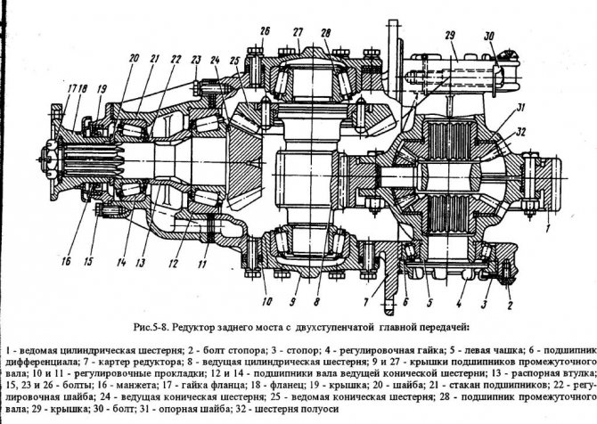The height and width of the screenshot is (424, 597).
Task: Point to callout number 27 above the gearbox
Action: point(297,31)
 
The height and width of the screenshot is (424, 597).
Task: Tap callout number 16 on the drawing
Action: point(65,263)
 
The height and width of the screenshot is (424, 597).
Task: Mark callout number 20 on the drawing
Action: point(134,59)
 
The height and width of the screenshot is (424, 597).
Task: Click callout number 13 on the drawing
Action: point(142,263)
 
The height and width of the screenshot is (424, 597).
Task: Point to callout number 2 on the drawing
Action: point(508,303)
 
